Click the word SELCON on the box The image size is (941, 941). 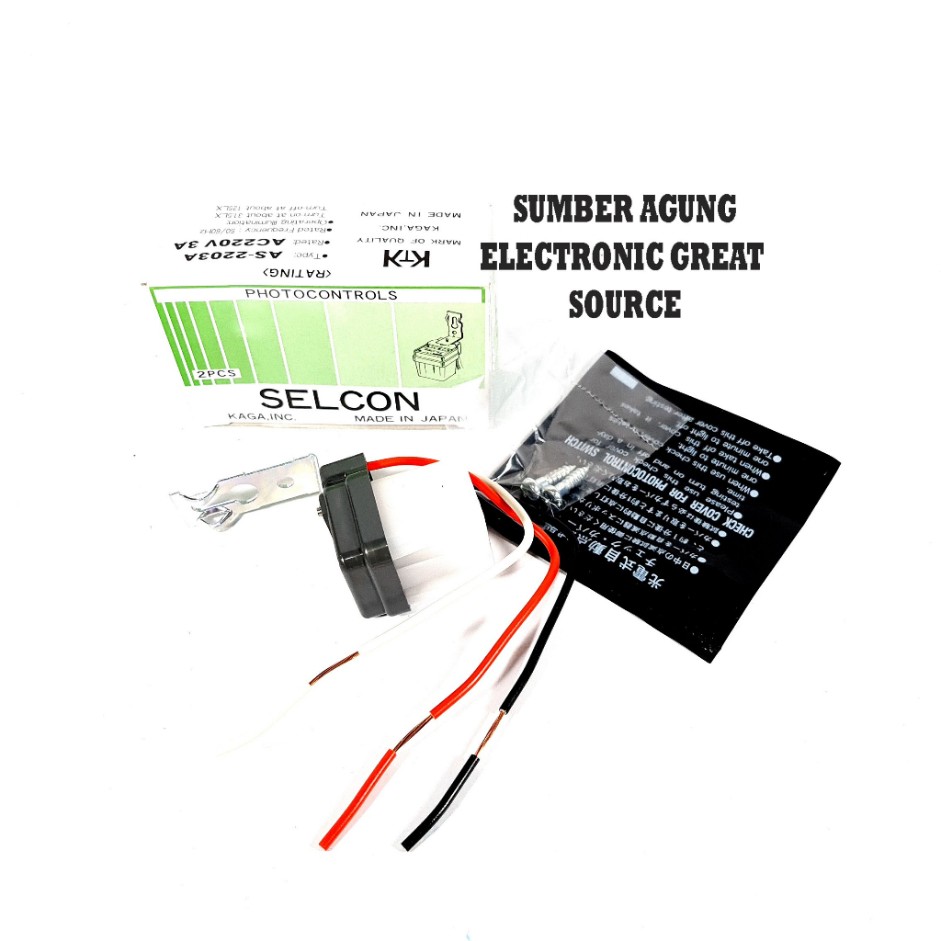tap(339, 400)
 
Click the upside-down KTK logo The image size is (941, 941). tap(407, 260)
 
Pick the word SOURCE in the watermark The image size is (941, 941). tap(625, 304)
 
